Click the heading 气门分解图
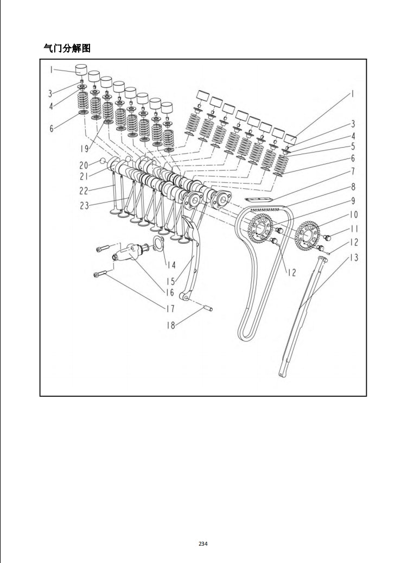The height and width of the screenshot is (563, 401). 67,48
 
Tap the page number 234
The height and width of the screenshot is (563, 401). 203,543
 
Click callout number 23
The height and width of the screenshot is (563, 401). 85,205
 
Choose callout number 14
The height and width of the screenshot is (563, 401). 171,265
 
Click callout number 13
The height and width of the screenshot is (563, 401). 353,258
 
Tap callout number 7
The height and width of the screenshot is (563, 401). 352,172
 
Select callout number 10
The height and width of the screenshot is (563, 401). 353,214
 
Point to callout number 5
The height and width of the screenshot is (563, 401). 352,146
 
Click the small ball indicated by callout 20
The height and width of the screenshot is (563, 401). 101,161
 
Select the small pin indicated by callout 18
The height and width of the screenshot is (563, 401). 208,309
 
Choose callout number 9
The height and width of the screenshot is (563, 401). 353,200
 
